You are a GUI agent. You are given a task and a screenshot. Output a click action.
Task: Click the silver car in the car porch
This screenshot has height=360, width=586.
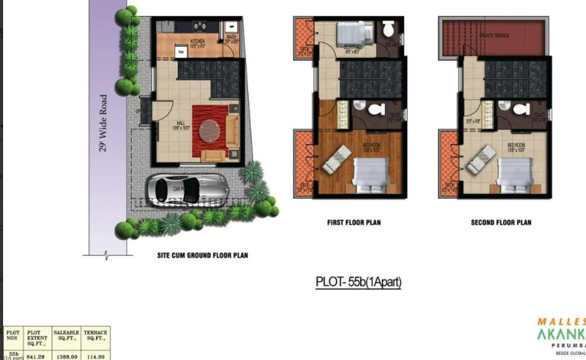[186, 189]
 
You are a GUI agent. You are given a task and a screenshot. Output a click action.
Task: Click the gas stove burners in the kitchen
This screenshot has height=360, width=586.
[200, 26]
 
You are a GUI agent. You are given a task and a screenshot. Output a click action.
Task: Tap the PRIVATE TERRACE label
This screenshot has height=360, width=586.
[494, 35]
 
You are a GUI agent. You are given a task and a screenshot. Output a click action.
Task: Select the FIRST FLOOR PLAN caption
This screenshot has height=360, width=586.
[354, 223]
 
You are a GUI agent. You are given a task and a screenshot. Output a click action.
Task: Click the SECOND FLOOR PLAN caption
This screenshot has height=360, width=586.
[501, 223]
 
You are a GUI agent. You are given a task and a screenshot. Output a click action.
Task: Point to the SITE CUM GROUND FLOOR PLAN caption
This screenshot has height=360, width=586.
[202, 255]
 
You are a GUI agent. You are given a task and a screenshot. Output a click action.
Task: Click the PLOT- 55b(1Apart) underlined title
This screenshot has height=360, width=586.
[358, 282]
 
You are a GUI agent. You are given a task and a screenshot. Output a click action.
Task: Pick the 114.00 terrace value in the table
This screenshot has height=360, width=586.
[95, 357]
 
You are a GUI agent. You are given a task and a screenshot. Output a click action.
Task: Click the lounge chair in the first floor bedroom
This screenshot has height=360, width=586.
[336, 159]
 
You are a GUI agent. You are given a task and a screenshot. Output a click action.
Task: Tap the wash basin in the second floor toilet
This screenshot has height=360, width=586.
[504, 106]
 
